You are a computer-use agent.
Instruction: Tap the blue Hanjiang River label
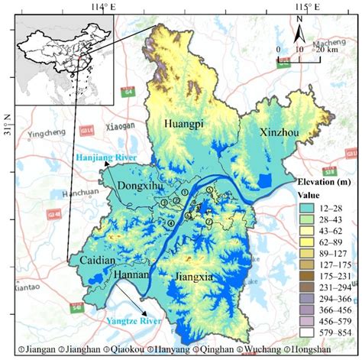click(x=104, y=157)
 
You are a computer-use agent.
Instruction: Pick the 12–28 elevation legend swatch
click(x=305, y=208)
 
